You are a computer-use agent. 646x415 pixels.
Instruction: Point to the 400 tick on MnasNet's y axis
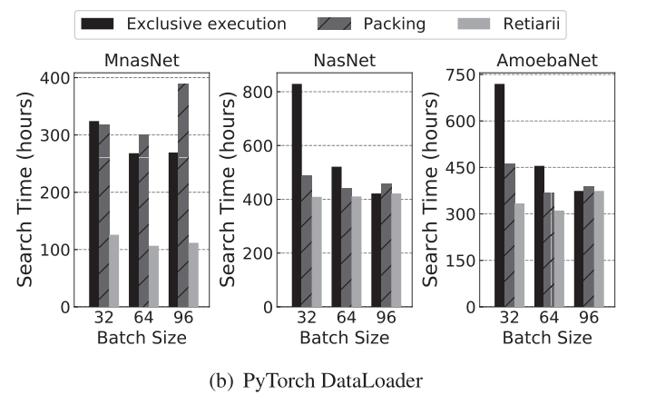57,78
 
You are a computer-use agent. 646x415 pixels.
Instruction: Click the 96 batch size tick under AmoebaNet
589,319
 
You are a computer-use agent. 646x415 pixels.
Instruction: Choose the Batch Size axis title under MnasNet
142,338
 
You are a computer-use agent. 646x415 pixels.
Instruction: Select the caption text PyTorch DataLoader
337,380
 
